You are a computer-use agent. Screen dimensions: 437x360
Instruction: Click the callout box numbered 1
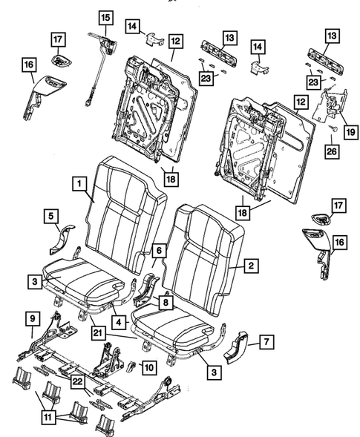tap(76, 182)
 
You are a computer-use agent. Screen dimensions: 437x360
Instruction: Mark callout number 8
tap(165, 302)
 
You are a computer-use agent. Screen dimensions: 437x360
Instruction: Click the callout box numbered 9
tap(31, 319)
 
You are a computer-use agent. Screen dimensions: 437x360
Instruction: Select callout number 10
tap(148, 367)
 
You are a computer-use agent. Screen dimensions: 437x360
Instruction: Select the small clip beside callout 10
tap(131, 365)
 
